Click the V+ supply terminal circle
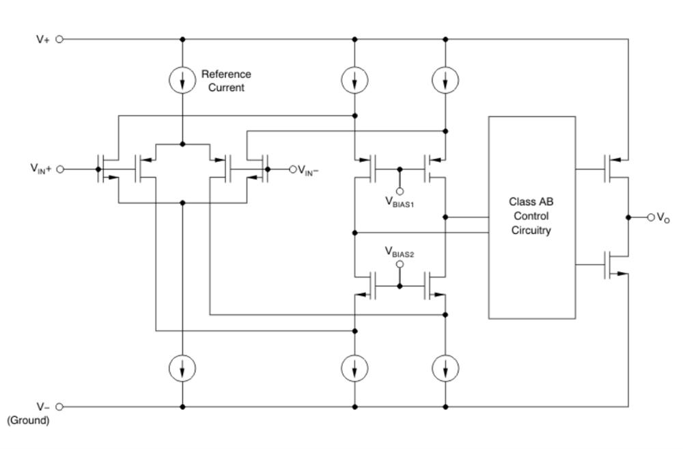pyautogui.click(x=59, y=39)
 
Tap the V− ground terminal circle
pyautogui.click(x=59, y=407)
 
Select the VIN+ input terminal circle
pyautogui.click(x=60, y=169)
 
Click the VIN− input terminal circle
pyautogui.click(x=293, y=169)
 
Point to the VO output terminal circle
pyautogui.click(x=651, y=217)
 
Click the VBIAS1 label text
pyautogui.click(x=400, y=202)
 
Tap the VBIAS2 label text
pyautogui.click(x=400, y=252)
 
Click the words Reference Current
pyautogui.click(x=226, y=81)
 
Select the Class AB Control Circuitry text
pyautogui.click(x=531, y=216)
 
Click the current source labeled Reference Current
pyautogui.click(x=182, y=80)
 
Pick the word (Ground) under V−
pyautogui.click(x=28, y=420)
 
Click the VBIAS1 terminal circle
pyautogui.click(x=400, y=191)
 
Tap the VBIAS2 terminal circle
pyautogui.click(x=400, y=264)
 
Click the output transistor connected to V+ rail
pyautogui.click(x=614, y=169)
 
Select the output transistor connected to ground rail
pyautogui.click(x=614, y=265)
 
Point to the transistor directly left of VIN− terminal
pyautogui.click(x=258, y=169)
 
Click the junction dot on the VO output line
pyautogui.click(x=628, y=217)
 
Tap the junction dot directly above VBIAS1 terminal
pyautogui.click(x=400, y=169)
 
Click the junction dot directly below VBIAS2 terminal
pyautogui.click(x=400, y=286)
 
